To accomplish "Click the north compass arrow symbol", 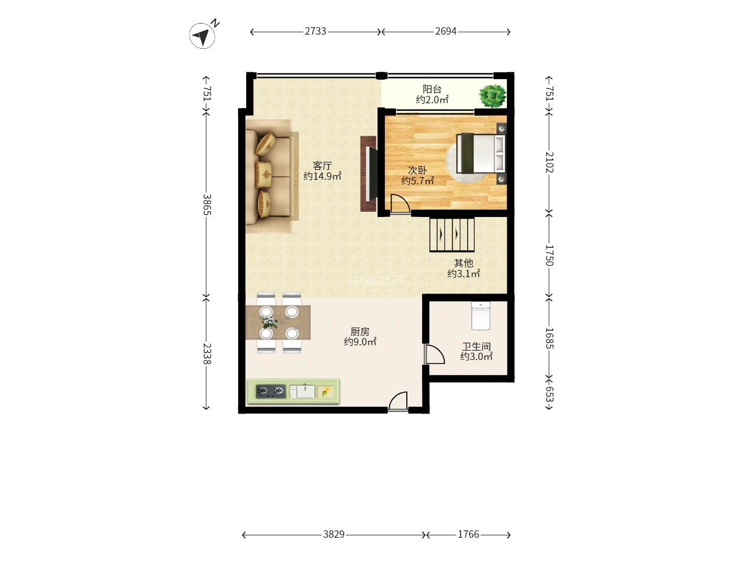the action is coord(203,36).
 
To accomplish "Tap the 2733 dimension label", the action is coord(315,31).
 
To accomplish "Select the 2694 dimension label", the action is coord(446,31).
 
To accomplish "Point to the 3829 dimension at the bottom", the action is coord(334,535).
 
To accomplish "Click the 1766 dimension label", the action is coord(468,535).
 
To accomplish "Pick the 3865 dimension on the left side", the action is coord(206,204).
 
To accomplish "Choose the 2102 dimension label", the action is coord(549,162).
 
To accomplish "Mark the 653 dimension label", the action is coord(549,394).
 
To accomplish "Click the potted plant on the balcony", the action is coord(493,96).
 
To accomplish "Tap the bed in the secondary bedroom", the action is coord(481,153).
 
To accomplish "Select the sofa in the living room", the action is coord(268,176).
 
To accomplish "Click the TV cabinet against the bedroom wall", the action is coord(369,174).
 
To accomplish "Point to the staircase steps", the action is coord(452,234).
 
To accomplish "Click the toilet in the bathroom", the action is coord(481,316).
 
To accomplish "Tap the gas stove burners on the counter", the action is coord(271,391).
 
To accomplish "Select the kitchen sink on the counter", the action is coord(302,391).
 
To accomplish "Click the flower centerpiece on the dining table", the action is coord(270,322).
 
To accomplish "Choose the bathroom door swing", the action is coord(435,354).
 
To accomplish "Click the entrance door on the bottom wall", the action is coord(398,401).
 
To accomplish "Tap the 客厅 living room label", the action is coord(322,166).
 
